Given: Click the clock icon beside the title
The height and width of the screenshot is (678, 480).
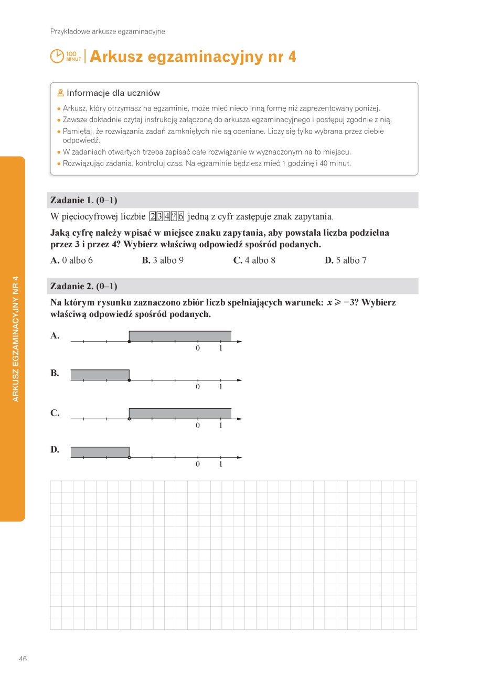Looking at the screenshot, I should [x=57, y=56].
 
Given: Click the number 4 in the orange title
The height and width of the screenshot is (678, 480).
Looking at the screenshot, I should [x=292, y=57].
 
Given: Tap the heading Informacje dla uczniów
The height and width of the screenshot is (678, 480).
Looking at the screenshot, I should [x=113, y=93].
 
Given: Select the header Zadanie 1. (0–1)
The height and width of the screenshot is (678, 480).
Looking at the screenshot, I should [x=83, y=200].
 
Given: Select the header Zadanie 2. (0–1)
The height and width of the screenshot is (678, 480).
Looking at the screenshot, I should [x=83, y=286].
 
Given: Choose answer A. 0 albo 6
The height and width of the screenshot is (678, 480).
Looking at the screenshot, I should [x=72, y=260].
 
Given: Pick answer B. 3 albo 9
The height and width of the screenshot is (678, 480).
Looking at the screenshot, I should [x=163, y=260].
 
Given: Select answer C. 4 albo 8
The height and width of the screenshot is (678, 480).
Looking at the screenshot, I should [x=254, y=260].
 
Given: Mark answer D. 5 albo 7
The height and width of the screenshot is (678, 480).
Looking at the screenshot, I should [x=346, y=260].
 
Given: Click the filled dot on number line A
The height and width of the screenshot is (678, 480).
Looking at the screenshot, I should [x=129, y=342].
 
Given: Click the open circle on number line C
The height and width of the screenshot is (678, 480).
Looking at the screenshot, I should [x=129, y=419].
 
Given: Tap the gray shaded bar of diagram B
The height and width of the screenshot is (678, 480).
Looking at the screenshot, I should [x=100, y=375].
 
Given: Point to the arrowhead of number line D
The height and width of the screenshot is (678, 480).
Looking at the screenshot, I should [x=239, y=457].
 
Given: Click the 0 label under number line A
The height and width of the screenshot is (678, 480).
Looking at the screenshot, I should [x=198, y=348].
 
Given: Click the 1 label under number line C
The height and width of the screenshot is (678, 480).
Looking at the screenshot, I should [x=221, y=425].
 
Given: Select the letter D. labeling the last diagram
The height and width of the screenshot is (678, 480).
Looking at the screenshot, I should [x=55, y=450].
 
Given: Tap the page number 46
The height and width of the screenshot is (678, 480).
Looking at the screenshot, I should [x=23, y=659].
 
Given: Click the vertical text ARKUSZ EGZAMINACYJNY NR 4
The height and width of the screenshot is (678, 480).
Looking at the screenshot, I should [x=15, y=338].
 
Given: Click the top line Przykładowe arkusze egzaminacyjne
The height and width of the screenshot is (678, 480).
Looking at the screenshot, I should [x=108, y=31].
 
